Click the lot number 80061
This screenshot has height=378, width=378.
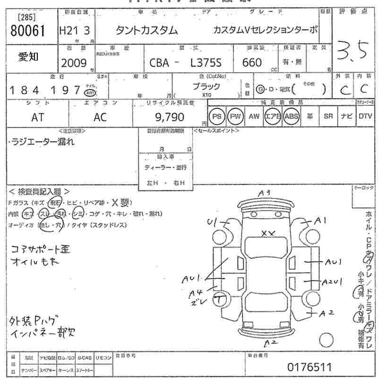pyautogui.click(x=27, y=31)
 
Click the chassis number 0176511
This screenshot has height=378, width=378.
pyautogui.click(x=309, y=367)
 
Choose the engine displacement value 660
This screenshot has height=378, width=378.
pyautogui.click(x=252, y=62)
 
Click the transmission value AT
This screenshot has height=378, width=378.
pyautogui.click(x=37, y=118)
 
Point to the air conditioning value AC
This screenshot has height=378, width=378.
pyautogui.click(x=100, y=118)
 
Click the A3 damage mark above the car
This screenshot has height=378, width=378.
pyautogui.click(x=264, y=193)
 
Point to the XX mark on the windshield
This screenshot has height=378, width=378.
pyautogui.click(x=268, y=233)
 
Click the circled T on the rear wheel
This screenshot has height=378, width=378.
pyautogui.click(x=220, y=298)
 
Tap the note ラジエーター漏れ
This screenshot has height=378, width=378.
pyautogui.click(x=43, y=142)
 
